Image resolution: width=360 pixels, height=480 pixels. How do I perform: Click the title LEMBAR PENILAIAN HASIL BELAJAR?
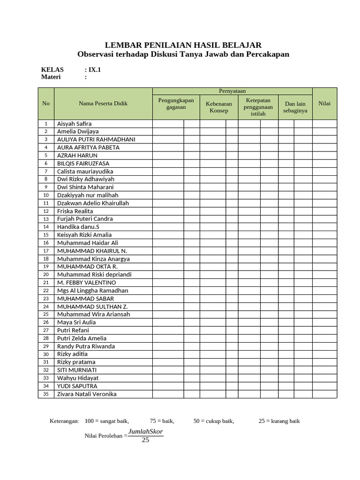(x=183, y=45)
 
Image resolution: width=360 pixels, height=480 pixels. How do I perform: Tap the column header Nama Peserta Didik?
(x=103, y=103)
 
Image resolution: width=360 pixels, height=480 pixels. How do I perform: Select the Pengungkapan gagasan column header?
(x=176, y=104)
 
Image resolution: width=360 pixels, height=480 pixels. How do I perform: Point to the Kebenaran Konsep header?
(x=219, y=107)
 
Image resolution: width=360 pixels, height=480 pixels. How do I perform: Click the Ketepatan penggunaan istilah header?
(x=258, y=107)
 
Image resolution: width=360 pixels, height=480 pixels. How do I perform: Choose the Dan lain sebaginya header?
(x=295, y=107)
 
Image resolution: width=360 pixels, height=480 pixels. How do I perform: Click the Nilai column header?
(x=324, y=103)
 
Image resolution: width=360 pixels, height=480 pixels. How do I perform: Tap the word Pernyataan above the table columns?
(x=232, y=91)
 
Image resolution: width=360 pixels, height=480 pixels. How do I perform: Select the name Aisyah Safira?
(x=75, y=124)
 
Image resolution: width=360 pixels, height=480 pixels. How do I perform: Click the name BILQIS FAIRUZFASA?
(x=83, y=163)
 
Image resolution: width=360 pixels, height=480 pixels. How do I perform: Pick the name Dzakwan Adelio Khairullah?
(x=93, y=203)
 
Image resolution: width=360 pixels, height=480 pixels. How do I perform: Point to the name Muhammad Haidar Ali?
(x=88, y=243)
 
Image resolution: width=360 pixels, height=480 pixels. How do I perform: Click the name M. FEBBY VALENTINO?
(x=86, y=283)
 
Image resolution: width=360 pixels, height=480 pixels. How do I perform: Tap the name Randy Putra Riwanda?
(x=87, y=346)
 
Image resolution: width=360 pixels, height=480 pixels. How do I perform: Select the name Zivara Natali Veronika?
(x=87, y=394)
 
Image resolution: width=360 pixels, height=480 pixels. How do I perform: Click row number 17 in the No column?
(x=46, y=251)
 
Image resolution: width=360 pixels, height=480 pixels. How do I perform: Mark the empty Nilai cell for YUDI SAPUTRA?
(x=324, y=386)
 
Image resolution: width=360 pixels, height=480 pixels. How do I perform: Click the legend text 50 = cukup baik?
(x=214, y=421)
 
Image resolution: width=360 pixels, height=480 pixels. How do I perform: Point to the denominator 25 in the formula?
(x=145, y=440)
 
